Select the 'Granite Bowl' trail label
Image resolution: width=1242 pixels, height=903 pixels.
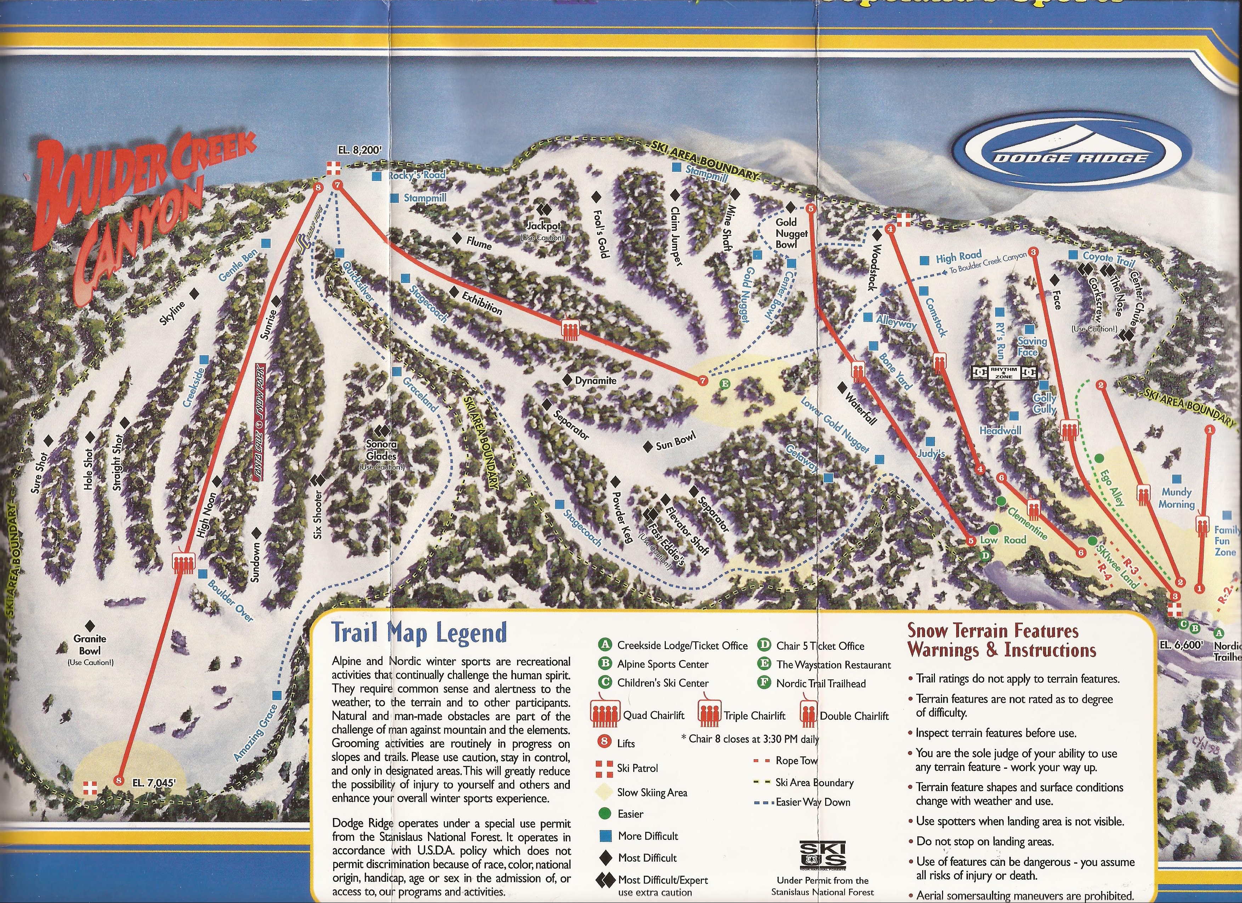pos(90,644)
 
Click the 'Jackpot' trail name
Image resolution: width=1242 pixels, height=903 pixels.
pos(543,226)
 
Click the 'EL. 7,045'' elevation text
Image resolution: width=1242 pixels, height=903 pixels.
pos(154,783)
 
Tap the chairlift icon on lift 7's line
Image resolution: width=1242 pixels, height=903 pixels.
pos(570,330)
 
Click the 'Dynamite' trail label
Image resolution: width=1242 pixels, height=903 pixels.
pos(595,380)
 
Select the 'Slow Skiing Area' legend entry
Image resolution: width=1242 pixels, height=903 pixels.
pos(651,793)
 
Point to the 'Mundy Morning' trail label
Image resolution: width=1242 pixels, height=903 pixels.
pos(1176,498)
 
